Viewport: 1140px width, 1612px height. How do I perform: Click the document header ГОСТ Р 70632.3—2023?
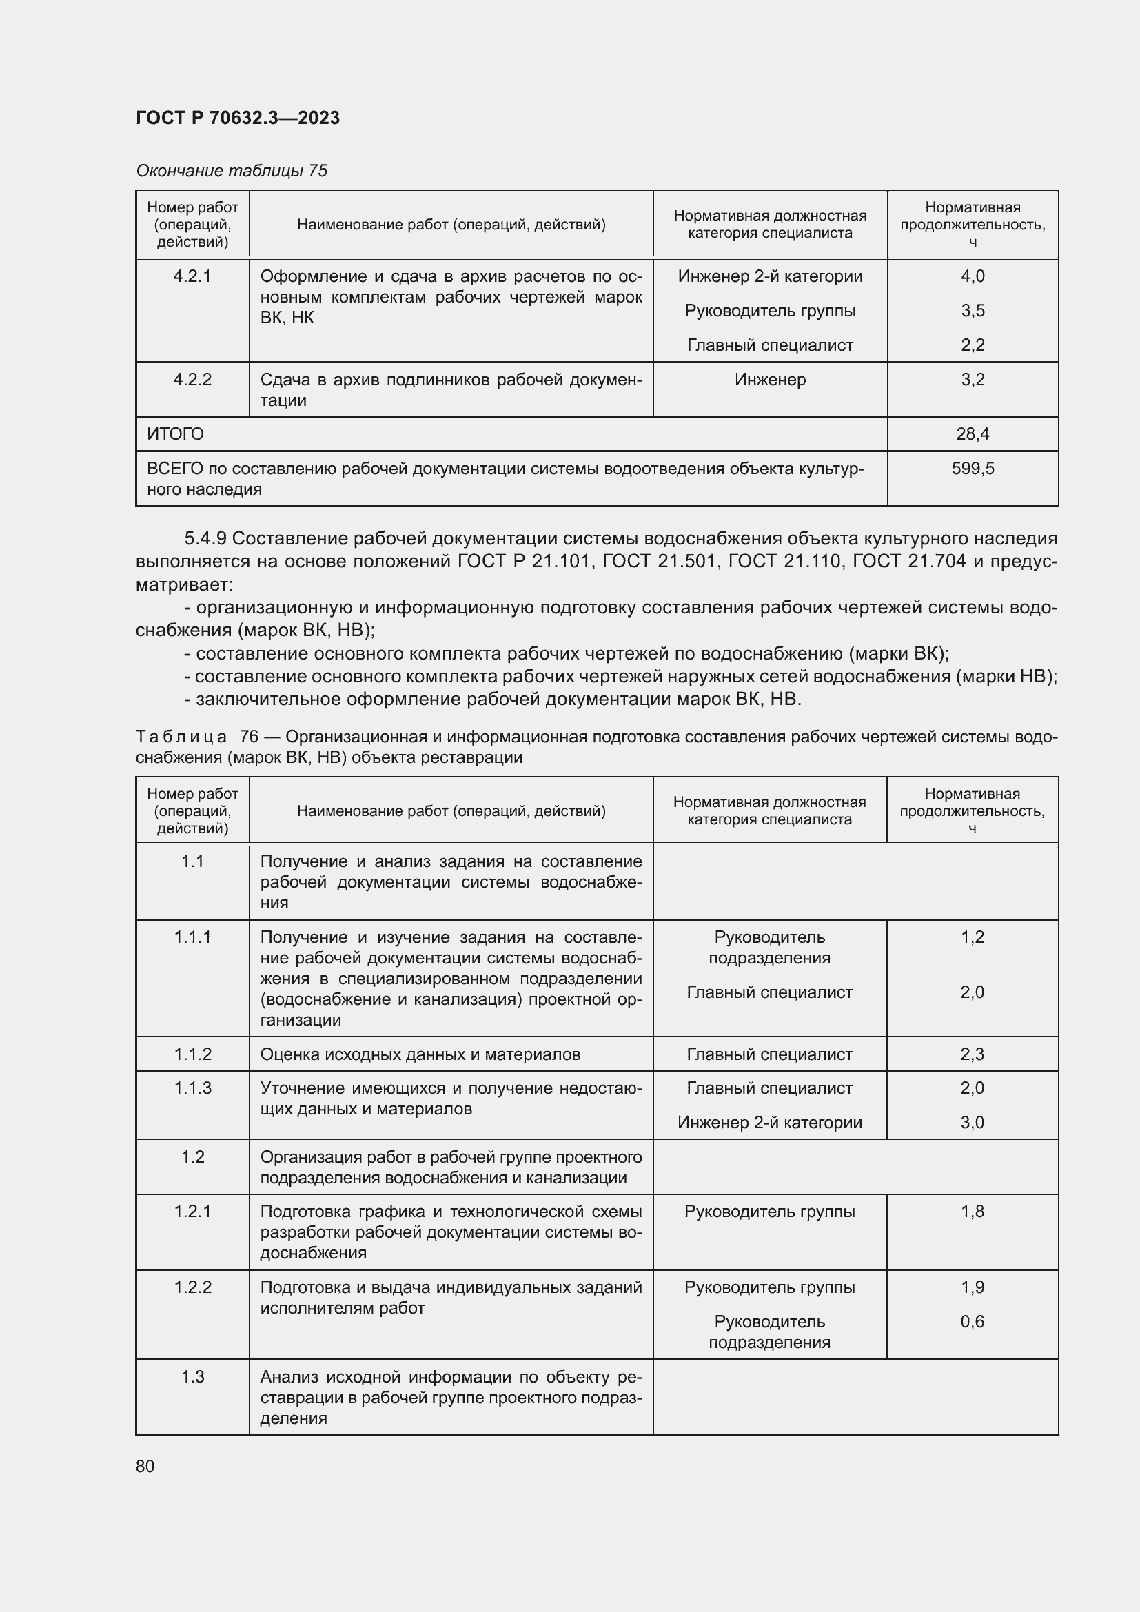tap(237, 118)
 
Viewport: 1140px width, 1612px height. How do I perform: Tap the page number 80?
tap(145, 1466)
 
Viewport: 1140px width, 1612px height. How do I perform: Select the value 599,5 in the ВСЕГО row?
tap(973, 468)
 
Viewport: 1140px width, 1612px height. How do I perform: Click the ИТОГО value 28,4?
tap(973, 434)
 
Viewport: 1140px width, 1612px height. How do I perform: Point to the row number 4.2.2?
tap(192, 380)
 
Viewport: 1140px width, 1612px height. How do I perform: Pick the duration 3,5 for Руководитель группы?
tap(973, 311)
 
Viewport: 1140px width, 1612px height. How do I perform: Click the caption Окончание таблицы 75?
tap(232, 171)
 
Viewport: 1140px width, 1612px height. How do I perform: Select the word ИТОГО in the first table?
tap(176, 434)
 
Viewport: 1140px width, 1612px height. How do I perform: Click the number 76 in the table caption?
tap(250, 737)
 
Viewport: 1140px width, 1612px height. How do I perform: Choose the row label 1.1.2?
tap(192, 1054)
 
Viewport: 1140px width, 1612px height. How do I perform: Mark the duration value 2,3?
tap(973, 1054)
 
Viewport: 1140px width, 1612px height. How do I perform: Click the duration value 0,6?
tap(973, 1321)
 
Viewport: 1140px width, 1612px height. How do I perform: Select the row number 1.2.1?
tap(192, 1211)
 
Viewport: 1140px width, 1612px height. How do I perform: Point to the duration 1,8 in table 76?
tap(973, 1211)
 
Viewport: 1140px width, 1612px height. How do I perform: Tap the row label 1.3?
tap(192, 1377)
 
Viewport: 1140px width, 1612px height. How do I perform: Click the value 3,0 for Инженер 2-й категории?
tap(973, 1122)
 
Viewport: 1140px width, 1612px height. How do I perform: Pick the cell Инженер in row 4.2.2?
tap(770, 380)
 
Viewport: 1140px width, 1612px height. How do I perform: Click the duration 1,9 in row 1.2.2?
tap(973, 1287)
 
